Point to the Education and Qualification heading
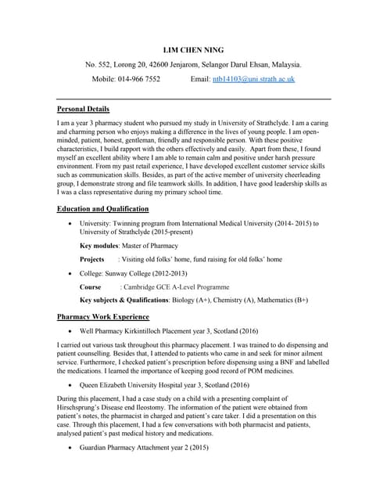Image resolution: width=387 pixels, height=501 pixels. (103, 210)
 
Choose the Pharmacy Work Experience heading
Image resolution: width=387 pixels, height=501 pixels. (103, 317)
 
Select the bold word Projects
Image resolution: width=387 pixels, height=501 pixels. (92, 259)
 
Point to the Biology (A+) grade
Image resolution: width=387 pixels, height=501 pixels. (220, 301)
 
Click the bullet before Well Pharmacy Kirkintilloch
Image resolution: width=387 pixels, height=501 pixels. (71, 331)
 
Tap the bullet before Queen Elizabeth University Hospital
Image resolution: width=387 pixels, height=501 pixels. (71, 385)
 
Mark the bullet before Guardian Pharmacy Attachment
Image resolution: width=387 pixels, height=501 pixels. (71, 449)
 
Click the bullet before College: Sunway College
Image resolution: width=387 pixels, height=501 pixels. (71, 274)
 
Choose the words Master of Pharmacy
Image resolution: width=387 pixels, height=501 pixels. (156, 246)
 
